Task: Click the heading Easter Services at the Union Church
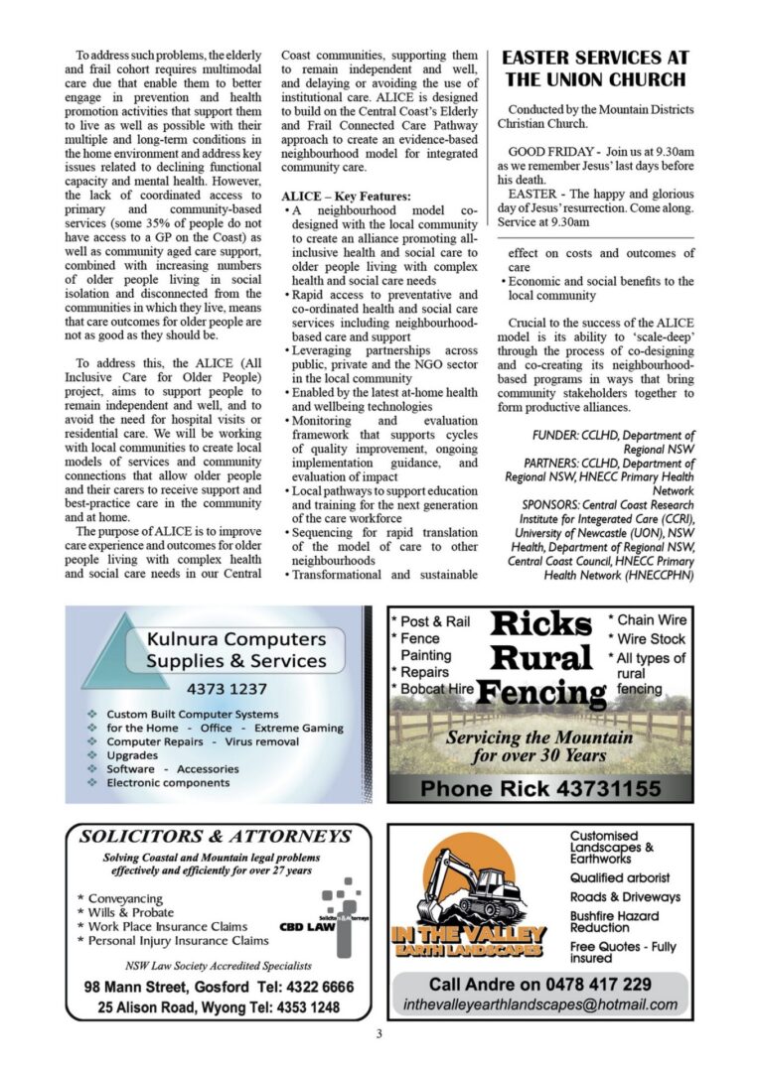tap(595, 68)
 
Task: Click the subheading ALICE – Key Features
tap(346, 197)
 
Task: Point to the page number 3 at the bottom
tap(379, 1035)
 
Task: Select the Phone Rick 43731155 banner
tap(540, 789)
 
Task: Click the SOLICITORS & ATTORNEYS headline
tap(216, 836)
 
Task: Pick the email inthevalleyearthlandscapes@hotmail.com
tap(540, 1005)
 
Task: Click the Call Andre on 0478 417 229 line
tap(540, 984)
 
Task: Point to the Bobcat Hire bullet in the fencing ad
tap(433, 689)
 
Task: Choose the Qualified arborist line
tap(620, 877)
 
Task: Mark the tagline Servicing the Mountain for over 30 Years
tap(538, 746)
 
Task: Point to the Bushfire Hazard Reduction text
tap(614, 921)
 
